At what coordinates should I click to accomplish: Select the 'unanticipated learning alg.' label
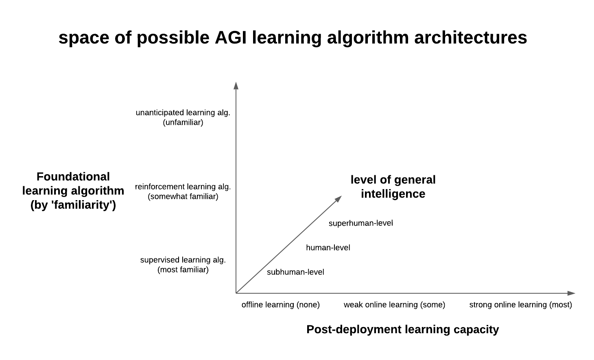183,113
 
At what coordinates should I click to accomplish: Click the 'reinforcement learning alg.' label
183,187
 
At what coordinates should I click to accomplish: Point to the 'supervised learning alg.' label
183,260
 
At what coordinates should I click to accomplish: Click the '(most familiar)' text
183,270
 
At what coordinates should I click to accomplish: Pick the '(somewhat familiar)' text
183,196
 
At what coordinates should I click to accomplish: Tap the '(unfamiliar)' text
183,122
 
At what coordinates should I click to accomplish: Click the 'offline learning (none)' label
281,305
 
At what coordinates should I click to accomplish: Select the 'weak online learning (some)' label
394,305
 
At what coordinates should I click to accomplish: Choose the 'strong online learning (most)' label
520,305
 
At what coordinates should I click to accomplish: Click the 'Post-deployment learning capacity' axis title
402,329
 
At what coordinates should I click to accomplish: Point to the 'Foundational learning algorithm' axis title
73,191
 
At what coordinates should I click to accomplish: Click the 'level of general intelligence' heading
393,187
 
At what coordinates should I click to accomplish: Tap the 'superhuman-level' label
361,223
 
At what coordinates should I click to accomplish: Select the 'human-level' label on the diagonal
328,248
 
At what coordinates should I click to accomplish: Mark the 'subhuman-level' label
295,272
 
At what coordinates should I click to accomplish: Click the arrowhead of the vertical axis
236,85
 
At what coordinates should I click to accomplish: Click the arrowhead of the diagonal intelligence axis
338,199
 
